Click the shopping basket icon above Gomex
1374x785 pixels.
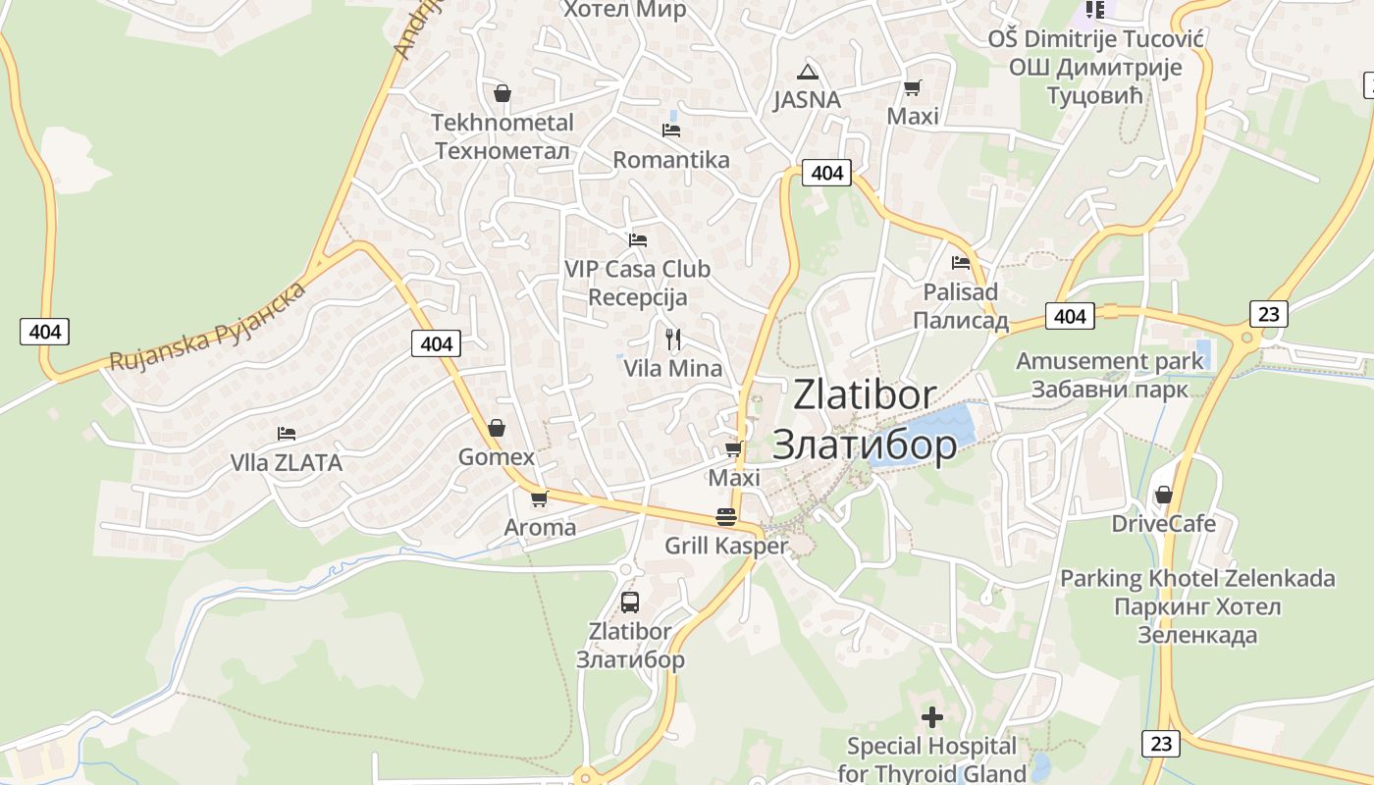click(x=497, y=429)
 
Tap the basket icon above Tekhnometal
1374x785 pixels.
click(x=502, y=93)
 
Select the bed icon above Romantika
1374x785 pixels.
click(x=671, y=130)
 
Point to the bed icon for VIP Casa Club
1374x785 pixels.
click(x=638, y=239)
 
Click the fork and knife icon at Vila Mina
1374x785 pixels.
click(x=673, y=340)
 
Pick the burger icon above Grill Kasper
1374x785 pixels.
click(x=726, y=517)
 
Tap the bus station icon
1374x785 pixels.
click(x=630, y=602)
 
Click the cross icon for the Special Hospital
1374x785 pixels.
click(x=932, y=717)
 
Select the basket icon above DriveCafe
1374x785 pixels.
click(x=1164, y=495)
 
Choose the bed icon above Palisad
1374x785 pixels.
click(x=961, y=263)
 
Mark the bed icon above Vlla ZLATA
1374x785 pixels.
click(x=287, y=433)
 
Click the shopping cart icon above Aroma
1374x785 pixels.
click(x=539, y=499)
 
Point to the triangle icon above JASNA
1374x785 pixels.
click(x=808, y=72)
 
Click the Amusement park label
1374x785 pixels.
click(x=1109, y=361)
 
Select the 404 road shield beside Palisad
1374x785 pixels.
click(x=1070, y=316)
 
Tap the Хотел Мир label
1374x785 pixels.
click(x=624, y=10)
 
